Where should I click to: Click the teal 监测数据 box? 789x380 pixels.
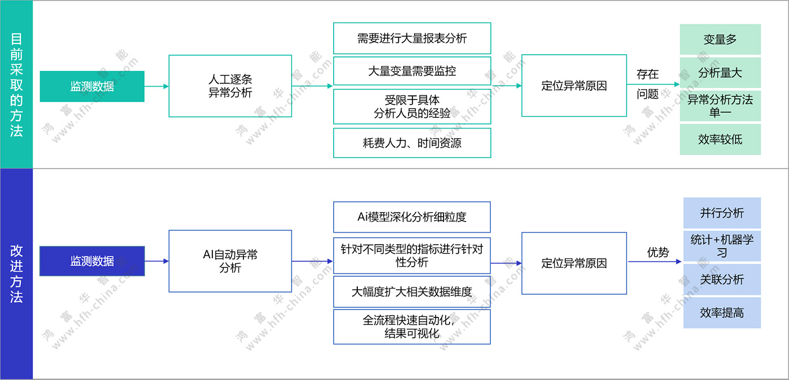[92, 86]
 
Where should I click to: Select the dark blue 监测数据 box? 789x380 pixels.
[92, 261]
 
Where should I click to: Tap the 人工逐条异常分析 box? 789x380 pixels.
[230, 86]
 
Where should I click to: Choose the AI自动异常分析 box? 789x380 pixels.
[230, 261]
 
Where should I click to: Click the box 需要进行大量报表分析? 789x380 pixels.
[412, 38]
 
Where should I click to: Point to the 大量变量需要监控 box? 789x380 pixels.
[412, 71]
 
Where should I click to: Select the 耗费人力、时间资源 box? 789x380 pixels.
[412, 143]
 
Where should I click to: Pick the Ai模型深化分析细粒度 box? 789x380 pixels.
[412, 217]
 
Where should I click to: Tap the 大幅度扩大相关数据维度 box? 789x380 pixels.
[412, 291]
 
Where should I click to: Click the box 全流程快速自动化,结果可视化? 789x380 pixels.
[412, 326]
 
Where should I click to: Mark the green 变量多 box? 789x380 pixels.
[720, 39]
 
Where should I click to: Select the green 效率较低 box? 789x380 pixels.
[720, 139]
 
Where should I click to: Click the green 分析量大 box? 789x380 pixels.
[720, 73]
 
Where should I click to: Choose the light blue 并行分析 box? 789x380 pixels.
[722, 213]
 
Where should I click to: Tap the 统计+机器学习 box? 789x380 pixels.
[722, 246]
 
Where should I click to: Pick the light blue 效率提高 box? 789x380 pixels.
[722, 312]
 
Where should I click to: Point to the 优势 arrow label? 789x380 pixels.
[657, 252]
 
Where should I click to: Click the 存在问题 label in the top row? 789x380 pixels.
[648, 84]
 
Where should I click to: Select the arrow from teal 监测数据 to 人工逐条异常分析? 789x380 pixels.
[157, 86]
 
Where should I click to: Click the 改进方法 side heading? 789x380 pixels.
[16, 273]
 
